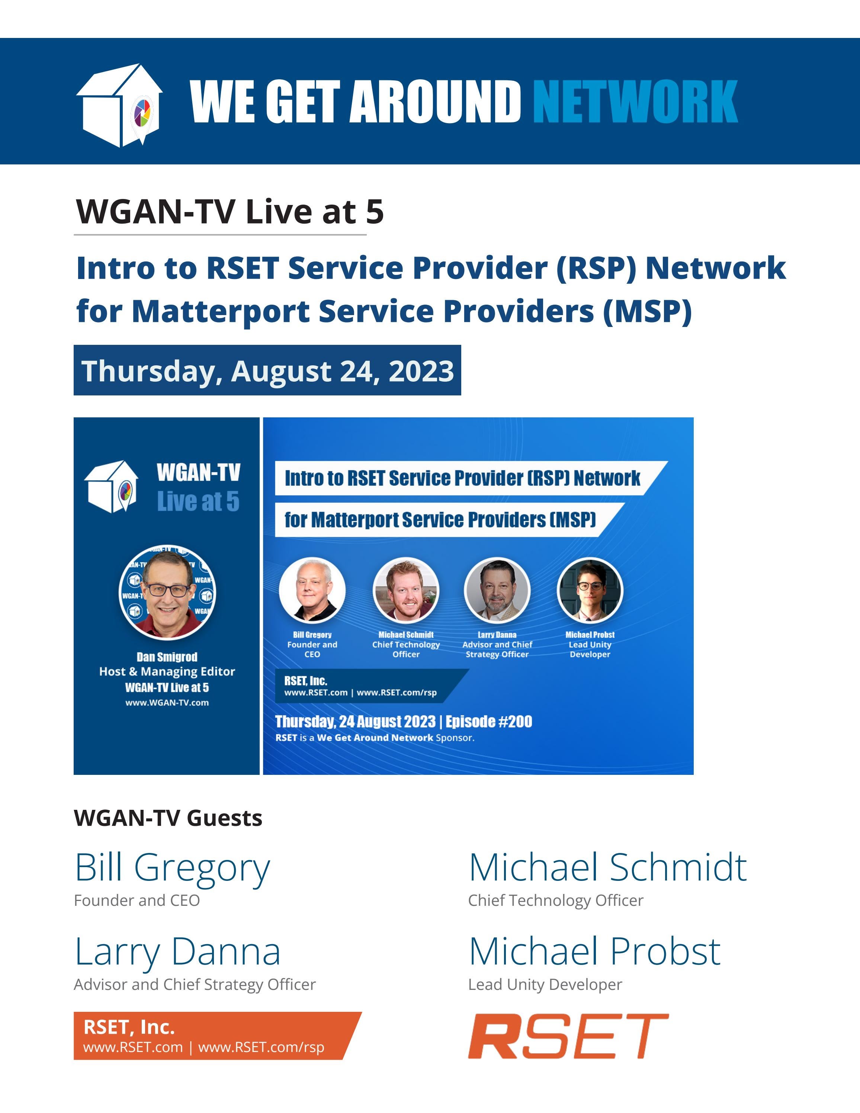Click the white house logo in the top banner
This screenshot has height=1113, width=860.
click(120, 105)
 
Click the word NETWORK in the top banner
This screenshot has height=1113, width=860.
click(635, 102)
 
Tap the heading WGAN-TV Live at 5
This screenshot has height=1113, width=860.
click(229, 212)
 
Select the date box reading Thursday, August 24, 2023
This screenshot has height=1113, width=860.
click(267, 371)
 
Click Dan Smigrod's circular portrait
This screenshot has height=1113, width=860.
click(167, 593)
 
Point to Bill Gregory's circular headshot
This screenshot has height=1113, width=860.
click(312, 590)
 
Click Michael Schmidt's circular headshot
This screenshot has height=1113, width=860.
click(406, 590)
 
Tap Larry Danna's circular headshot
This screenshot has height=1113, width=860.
click(497, 590)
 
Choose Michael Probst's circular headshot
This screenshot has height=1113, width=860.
click(590, 590)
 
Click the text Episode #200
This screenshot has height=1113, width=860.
click(489, 722)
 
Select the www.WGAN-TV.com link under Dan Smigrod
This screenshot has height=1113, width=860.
click(167, 703)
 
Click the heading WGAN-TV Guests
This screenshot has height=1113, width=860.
click(168, 818)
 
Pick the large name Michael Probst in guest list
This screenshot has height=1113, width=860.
click(594, 952)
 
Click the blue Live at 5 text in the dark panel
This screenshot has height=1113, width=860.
click(198, 501)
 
